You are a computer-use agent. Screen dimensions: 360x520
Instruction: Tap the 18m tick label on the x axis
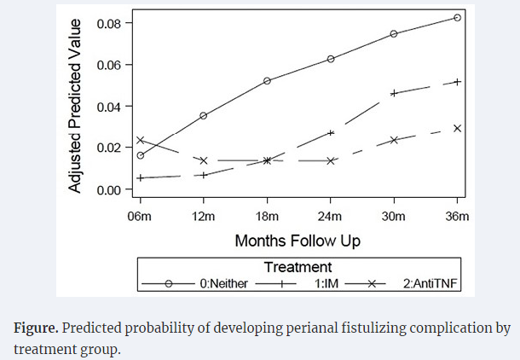point(267,216)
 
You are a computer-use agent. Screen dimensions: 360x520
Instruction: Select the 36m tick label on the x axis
point(458,216)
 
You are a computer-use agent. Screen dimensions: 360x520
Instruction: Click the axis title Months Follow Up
point(298,241)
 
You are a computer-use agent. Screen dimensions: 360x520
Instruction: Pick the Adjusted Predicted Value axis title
point(76,107)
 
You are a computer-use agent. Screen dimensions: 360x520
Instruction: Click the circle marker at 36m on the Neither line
point(458,17)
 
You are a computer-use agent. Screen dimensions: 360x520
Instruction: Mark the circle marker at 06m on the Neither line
point(140,155)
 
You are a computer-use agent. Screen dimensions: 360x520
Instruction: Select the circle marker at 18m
point(267,81)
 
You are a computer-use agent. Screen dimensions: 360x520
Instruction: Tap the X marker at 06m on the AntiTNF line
point(140,140)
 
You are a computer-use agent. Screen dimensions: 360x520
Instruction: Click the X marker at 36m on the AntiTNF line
point(458,128)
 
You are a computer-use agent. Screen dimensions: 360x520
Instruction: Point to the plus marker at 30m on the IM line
point(394,92)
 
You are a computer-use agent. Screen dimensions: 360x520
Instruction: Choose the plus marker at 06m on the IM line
point(140,177)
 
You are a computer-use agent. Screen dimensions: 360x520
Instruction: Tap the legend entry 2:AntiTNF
point(430,284)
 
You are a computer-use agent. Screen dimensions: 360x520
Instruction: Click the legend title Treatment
point(298,267)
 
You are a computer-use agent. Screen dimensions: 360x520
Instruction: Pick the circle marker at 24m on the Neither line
point(331,59)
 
